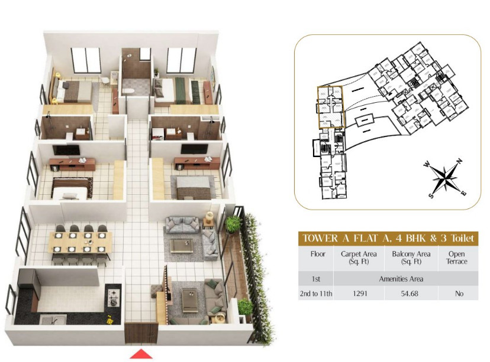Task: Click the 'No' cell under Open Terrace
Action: point(459,293)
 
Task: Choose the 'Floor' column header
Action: point(318,255)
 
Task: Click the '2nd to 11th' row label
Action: point(318,293)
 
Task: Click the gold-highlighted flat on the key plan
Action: point(330,107)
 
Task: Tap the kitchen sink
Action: point(48,319)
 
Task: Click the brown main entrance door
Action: point(140,332)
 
